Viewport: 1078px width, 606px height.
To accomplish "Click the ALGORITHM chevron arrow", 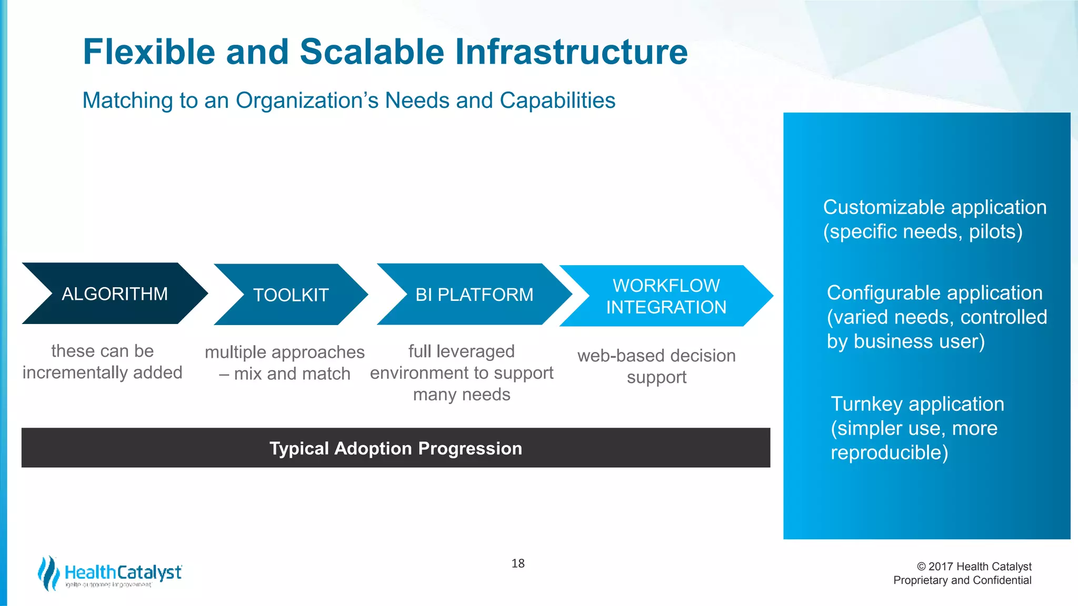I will pos(115,294).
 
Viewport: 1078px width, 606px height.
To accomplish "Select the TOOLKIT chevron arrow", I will pos(291,295).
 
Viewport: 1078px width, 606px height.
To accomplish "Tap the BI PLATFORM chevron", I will pos(474,295).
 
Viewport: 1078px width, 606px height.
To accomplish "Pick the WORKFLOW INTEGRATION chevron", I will pos(666,296).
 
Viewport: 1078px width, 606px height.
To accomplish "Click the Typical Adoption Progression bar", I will pos(395,448).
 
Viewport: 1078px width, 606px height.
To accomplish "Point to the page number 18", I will pos(518,563).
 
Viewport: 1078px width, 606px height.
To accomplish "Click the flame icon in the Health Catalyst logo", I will pos(49,573).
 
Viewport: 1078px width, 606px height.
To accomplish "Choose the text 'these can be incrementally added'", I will pos(102,362).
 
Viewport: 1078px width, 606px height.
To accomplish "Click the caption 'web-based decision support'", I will pos(656,366).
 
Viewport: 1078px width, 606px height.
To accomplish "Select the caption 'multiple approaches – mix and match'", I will pos(284,363).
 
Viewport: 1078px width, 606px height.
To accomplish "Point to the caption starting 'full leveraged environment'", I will pos(462,372).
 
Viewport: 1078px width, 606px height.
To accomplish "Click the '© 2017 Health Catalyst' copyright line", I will pos(974,567).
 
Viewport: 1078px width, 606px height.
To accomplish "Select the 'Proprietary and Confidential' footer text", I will pos(962,580).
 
